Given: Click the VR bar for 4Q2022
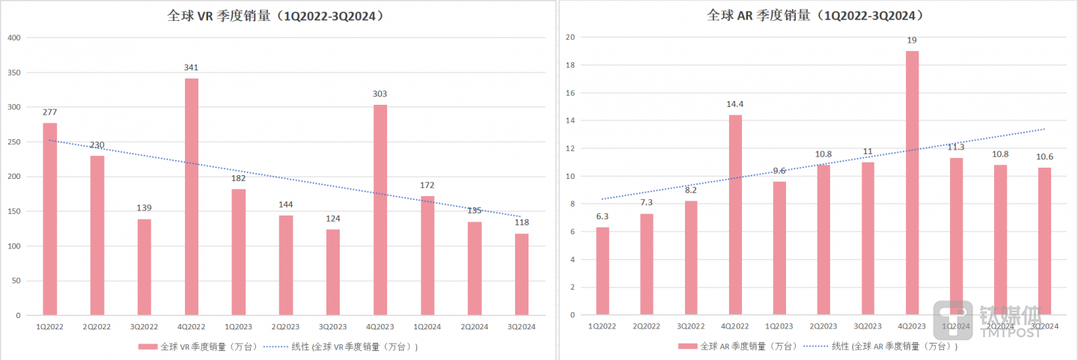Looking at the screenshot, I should click(191, 196).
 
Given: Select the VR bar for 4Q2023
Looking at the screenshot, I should click(380, 210).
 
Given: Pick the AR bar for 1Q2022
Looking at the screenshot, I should click(603, 271).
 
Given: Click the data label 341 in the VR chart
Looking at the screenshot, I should click(191, 67).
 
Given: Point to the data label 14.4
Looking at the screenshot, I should click(735, 104).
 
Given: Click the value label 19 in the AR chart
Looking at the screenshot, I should click(912, 40).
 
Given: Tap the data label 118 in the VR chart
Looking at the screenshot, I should click(522, 222).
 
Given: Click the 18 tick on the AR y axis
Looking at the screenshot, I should click(570, 65).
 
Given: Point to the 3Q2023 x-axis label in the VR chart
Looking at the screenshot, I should click(332, 326).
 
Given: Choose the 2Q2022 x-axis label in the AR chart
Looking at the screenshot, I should click(647, 326).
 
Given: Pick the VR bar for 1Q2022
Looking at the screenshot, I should click(49, 219).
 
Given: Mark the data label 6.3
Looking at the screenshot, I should click(603, 216).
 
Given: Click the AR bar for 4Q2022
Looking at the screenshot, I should click(735, 215).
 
